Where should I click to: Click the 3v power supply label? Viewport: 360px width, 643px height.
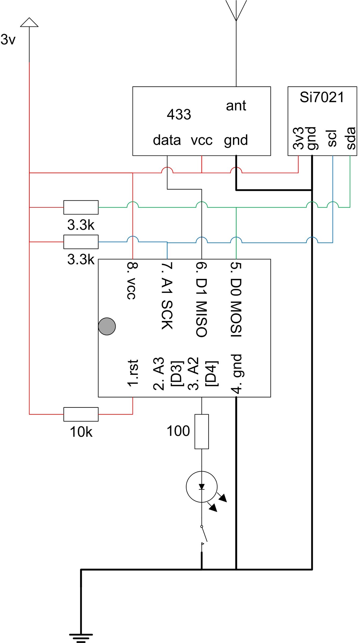[x=8, y=40]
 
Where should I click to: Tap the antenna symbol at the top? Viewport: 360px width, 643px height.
[x=236, y=11]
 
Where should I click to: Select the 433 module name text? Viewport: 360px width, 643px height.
[x=179, y=115]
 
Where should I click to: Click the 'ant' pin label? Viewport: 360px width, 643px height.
[x=236, y=106]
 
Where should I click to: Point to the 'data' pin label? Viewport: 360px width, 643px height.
[x=167, y=140]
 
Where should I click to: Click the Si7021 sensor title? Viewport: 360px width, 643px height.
[x=322, y=97]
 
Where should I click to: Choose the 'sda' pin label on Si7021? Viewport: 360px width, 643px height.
[x=350, y=138]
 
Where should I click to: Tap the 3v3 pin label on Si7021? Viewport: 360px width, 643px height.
[x=298, y=138]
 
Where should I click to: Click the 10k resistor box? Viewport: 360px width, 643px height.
[x=81, y=414]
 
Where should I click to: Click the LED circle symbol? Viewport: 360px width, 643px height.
[x=202, y=487]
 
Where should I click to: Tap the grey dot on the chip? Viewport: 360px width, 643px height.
[x=107, y=326]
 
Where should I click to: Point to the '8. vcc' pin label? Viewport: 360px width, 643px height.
[x=132, y=281]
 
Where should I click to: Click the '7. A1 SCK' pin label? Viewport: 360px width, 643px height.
[x=167, y=296]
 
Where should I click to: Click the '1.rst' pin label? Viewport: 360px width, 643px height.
[x=133, y=373]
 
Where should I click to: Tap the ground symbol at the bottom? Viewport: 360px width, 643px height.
[x=81, y=638]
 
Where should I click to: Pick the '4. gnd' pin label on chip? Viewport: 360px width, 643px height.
[x=237, y=374]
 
